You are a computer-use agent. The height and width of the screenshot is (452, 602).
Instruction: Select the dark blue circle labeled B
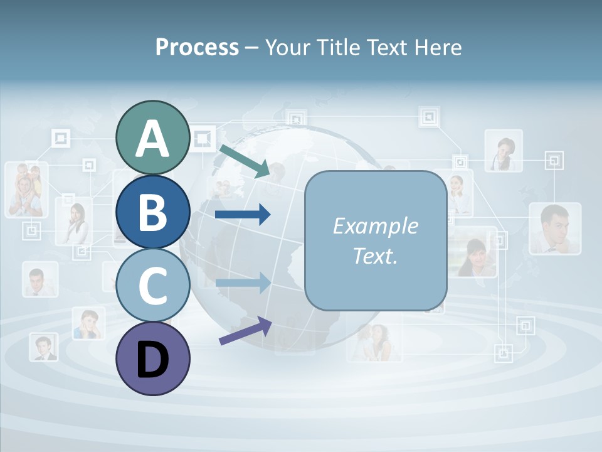[152, 212]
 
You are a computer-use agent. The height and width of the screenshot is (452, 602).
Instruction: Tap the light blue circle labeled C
[152, 286]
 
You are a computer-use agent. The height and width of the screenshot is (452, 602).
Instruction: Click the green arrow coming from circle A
[245, 160]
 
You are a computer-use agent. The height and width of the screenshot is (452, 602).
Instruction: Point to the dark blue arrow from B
[243, 215]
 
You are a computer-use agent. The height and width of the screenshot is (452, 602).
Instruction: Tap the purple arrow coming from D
[245, 331]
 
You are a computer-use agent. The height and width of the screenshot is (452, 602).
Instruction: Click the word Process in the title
[197, 47]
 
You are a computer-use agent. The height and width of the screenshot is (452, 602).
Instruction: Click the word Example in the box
[375, 226]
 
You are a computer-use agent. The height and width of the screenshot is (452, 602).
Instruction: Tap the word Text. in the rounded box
[375, 256]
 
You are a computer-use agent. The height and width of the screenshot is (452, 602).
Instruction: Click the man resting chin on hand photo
[554, 228]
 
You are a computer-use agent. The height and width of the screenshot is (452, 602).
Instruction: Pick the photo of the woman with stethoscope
[504, 151]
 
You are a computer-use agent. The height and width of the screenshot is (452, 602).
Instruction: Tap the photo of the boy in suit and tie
[43, 347]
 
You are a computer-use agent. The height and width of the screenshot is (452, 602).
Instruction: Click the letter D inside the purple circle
[152, 360]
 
